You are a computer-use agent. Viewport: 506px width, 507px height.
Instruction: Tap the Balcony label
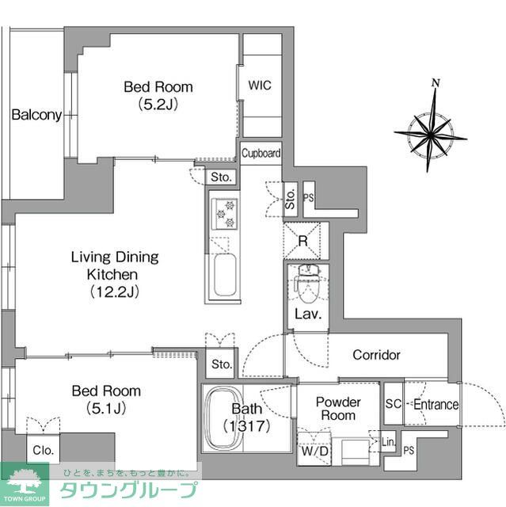[x=36, y=115]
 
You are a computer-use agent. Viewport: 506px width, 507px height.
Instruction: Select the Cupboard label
[x=261, y=154]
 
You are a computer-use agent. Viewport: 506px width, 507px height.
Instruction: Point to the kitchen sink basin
[x=224, y=274]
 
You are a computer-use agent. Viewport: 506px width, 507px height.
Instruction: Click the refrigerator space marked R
[x=303, y=240]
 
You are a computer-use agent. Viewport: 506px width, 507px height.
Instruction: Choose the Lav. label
[x=307, y=314]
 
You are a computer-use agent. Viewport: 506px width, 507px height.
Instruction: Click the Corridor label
[x=376, y=355]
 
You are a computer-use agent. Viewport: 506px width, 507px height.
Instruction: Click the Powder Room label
[x=338, y=408]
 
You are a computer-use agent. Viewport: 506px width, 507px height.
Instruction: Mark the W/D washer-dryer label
[x=314, y=452]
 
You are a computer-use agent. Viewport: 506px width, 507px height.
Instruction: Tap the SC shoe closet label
[x=394, y=405]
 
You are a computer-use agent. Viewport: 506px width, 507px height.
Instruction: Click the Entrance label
[x=436, y=405]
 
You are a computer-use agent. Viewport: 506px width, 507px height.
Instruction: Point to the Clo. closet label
[x=43, y=450]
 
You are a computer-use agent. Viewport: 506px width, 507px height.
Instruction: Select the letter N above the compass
[x=436, y=82]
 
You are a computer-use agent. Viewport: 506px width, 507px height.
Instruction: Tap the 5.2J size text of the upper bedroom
[x=158, y=103]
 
